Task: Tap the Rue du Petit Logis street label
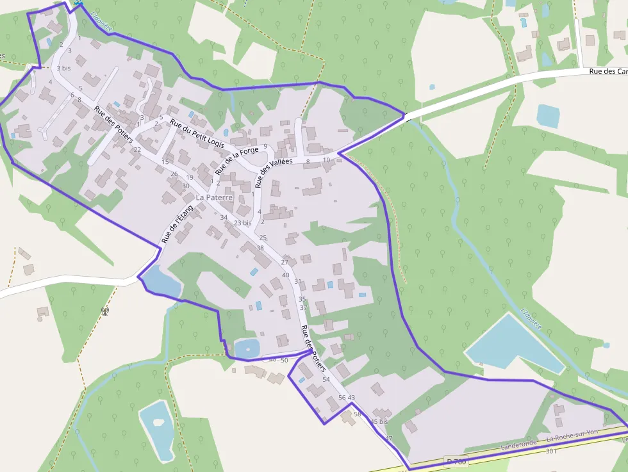coord(197,134)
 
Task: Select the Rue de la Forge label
coord(236,161)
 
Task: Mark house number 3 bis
coord(63,68)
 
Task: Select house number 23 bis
coord(242,223)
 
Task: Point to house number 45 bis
coord(379,422)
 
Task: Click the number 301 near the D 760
coord(550,451)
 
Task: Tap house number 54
coord(326,380)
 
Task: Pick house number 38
coord(260,248)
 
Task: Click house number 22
coord(137,150)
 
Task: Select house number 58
coord(358,414)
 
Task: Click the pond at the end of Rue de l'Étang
coord(160,281)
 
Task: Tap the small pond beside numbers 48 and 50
coord(247,348)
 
